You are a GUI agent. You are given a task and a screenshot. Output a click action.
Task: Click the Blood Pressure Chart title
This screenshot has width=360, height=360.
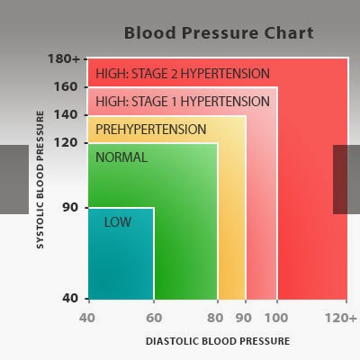tap(219, 33)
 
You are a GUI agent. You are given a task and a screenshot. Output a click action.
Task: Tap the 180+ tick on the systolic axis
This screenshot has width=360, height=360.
tap(64, 58)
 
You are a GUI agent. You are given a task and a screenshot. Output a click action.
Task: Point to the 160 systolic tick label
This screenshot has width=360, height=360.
tap(66, 87)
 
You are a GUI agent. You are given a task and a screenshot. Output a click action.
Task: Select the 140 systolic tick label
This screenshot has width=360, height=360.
tap(66, 114)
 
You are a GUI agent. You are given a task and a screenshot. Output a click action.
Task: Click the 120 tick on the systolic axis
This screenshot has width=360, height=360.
tap(66, 142)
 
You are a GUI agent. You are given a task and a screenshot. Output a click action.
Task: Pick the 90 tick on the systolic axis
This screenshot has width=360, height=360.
tap(70, 207)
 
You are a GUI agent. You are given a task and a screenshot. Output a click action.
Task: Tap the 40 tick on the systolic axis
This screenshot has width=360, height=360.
tap(70, 298)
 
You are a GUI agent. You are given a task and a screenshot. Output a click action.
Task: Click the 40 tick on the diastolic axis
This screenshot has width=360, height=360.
tap(87, 318)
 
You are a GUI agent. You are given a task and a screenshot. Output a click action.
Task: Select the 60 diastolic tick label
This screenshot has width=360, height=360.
tap(154, 318)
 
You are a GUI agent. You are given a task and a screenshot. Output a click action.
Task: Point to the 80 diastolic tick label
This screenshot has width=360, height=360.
tap(215, 318)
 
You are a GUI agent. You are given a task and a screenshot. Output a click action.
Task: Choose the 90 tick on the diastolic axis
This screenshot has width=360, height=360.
tap(243, 318)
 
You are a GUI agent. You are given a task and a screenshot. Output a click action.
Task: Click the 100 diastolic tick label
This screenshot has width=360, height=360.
tap(276, 318)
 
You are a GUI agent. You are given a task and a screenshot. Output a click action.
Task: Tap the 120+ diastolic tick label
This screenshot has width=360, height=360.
tap(341, 318)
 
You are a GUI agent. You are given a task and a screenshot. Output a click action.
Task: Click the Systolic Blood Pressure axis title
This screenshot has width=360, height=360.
tap(40, 180)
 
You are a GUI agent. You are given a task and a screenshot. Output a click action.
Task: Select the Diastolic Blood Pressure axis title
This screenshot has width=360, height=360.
tap(218, 341)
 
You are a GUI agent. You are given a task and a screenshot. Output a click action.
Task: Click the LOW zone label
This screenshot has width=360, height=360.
tap(118, 222)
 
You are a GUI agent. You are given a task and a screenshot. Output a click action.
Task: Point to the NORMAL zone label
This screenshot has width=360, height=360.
tap(121, 157)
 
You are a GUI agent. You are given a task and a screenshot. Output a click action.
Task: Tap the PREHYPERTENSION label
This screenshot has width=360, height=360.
tap(151, 130)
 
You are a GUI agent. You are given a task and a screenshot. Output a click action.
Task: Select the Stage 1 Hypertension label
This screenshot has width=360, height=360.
tap(183, 102)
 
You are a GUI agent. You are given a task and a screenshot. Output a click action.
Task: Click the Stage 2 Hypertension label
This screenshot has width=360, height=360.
tap(183, 74)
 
